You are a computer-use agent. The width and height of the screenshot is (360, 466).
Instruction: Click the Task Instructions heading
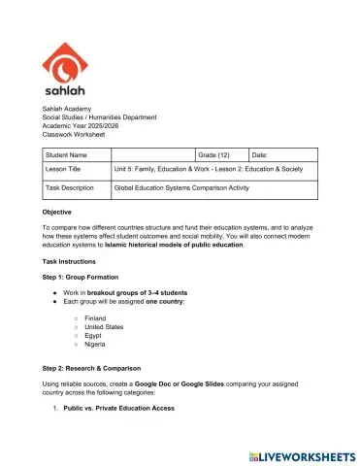(x=69, y=262)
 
